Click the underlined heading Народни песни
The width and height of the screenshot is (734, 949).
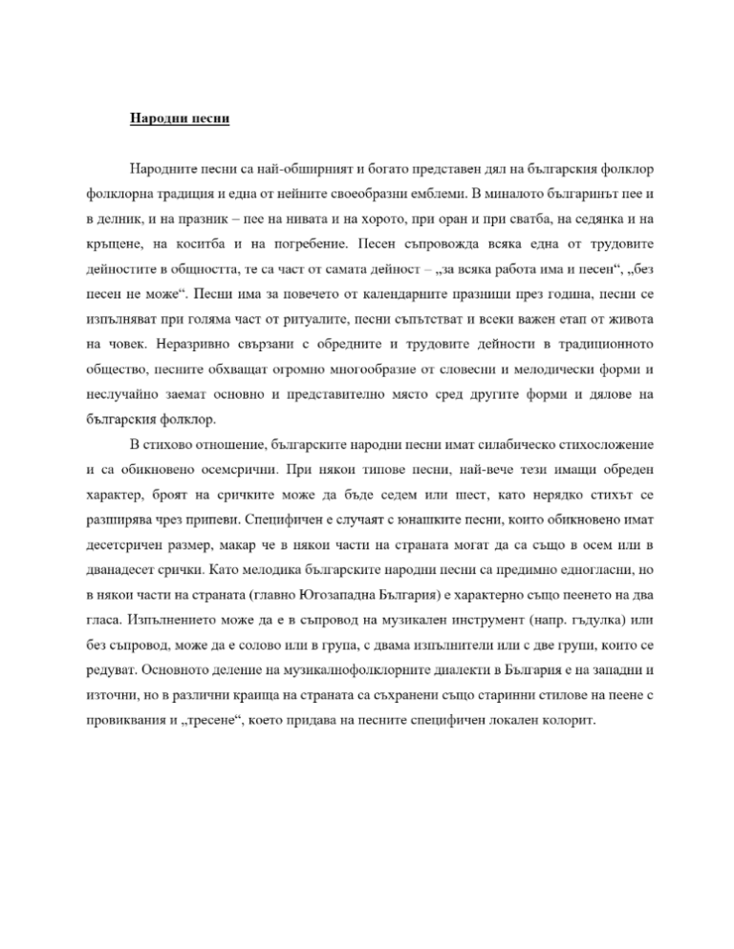182,121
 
